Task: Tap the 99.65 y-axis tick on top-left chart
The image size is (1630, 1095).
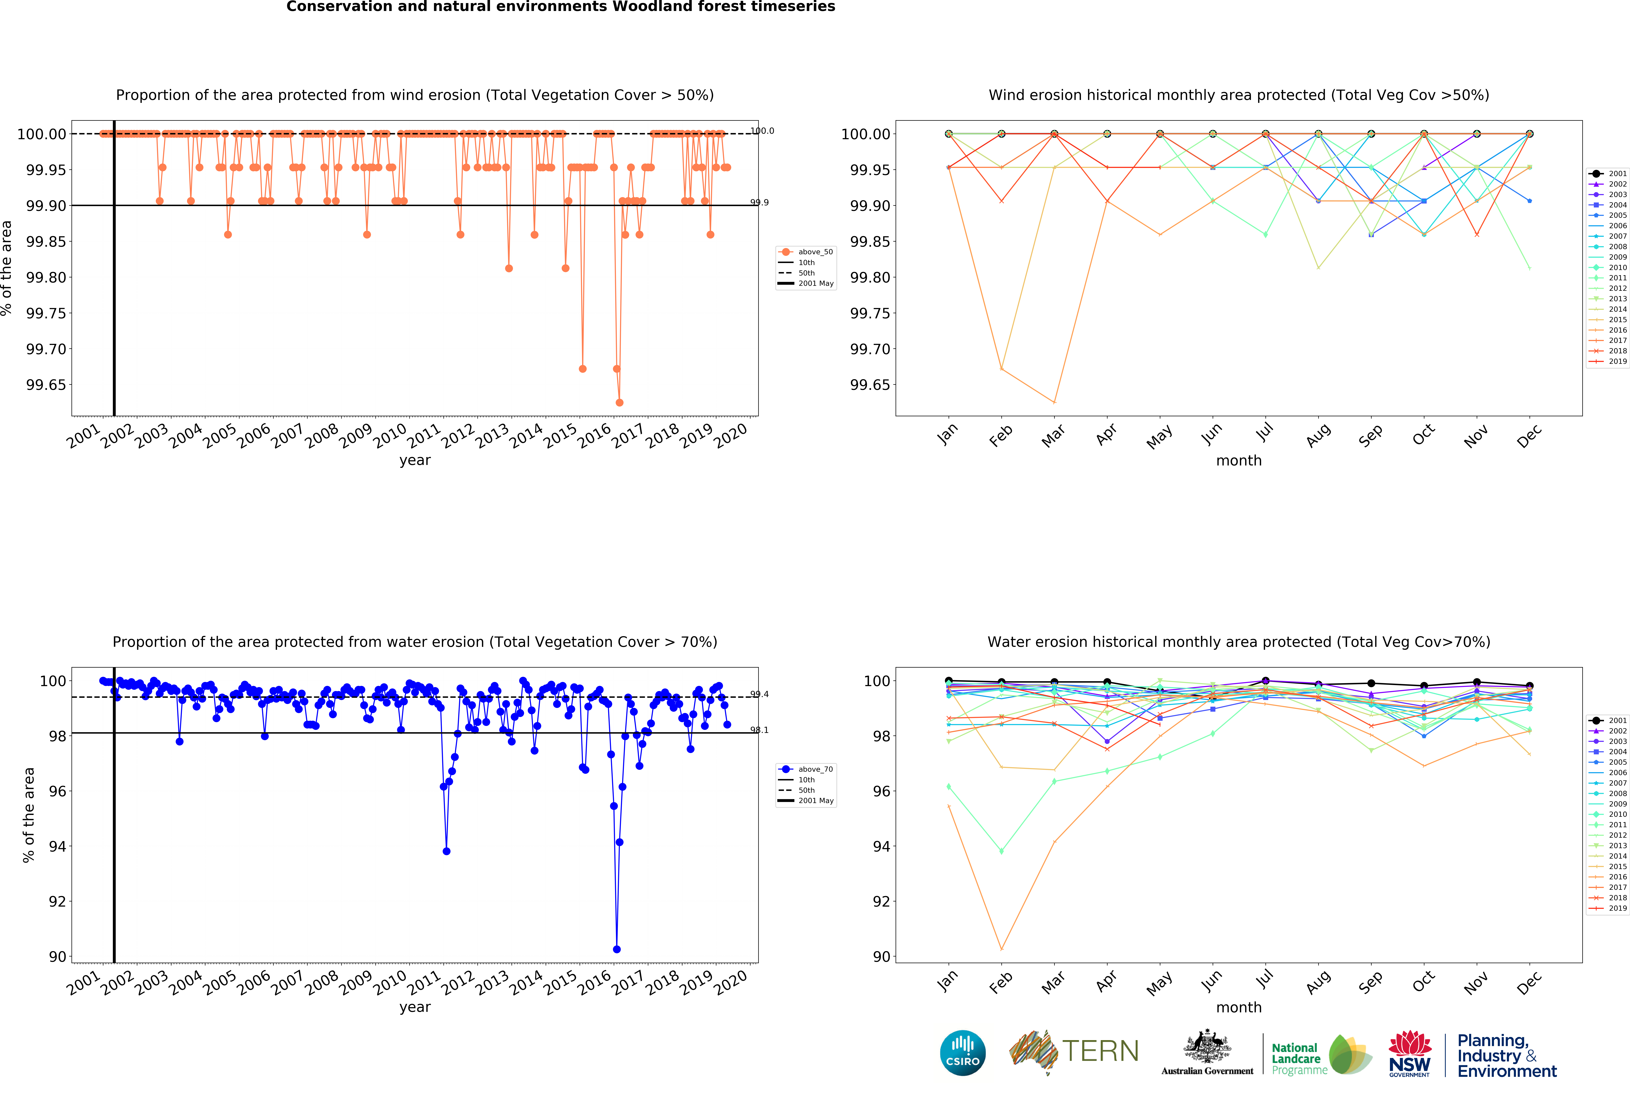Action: pyautogui.click(x=46, y=385)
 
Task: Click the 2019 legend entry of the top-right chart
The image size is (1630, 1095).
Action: pyautogui.click(x=1617, y=362)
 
